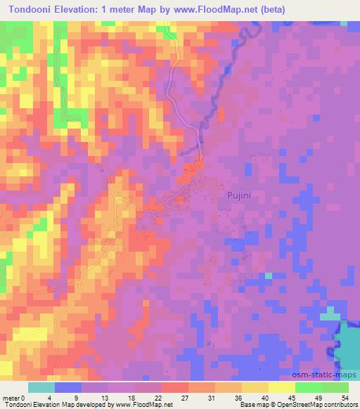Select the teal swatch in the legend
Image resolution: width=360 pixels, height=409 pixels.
[x=41, y=387]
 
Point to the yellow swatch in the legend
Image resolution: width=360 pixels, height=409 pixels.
[x=281, y=387]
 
